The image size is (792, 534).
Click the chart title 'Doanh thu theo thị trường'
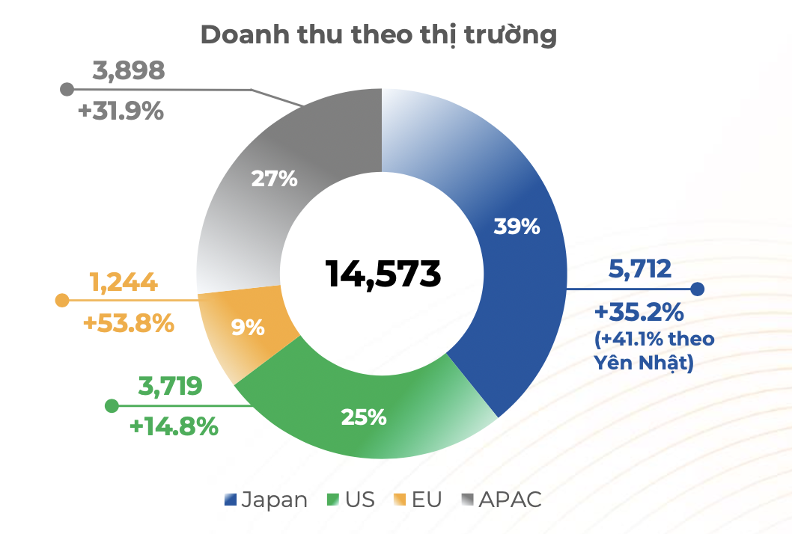378,35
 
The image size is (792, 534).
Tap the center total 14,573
383,274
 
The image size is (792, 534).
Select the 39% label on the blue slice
517,227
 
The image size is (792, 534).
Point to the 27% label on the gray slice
274,179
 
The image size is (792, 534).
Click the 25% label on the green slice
363,417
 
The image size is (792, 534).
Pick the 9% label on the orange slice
248,328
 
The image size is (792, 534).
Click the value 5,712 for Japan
640,269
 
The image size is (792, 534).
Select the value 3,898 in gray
128,71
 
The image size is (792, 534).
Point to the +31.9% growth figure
121,111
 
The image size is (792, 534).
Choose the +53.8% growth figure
129,325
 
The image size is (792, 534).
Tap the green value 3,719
170,387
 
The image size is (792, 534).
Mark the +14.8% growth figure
174,427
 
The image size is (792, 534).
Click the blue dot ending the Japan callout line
697,289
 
